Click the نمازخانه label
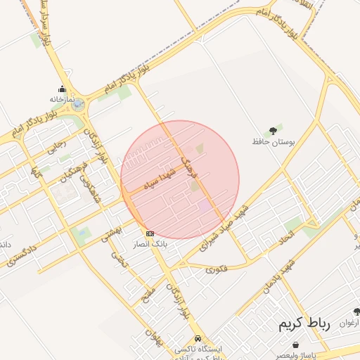[62, 100]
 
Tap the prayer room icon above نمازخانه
[62, 89]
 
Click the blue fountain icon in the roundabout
[77, 105]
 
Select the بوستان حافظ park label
[273, 142]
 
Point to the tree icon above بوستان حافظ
[273, 131]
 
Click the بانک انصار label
[150, 244]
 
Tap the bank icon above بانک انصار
[150, 233]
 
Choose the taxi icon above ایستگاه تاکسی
[199, 338]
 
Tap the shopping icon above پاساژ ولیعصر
[295, 345]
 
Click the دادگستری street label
[20, 255]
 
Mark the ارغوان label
[349, 323]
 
